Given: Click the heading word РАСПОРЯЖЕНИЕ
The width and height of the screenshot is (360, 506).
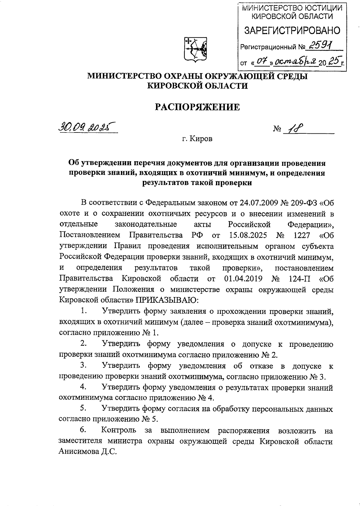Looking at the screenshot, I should click(x=197, y=107).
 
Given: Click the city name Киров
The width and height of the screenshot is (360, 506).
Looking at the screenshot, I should click(x=201, y=139).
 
